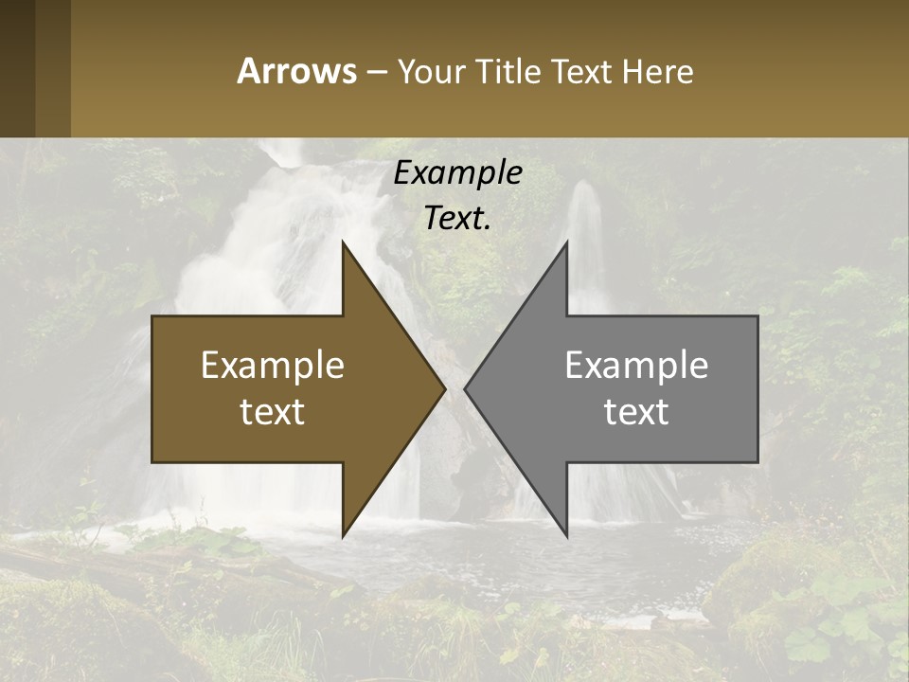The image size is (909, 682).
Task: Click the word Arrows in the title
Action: (295, 71)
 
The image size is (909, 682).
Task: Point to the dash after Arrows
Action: (376, 72)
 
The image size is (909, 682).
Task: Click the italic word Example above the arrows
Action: (458, 173)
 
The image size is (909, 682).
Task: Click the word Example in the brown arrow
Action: (273, 366)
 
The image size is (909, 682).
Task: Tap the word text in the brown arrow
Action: (273, 412)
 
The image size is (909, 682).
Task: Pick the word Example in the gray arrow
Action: (636, 366)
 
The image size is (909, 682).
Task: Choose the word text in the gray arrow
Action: (636, 412)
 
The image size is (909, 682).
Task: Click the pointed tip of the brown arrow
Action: (442, 388)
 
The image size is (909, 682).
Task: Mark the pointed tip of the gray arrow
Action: (467, 388)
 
